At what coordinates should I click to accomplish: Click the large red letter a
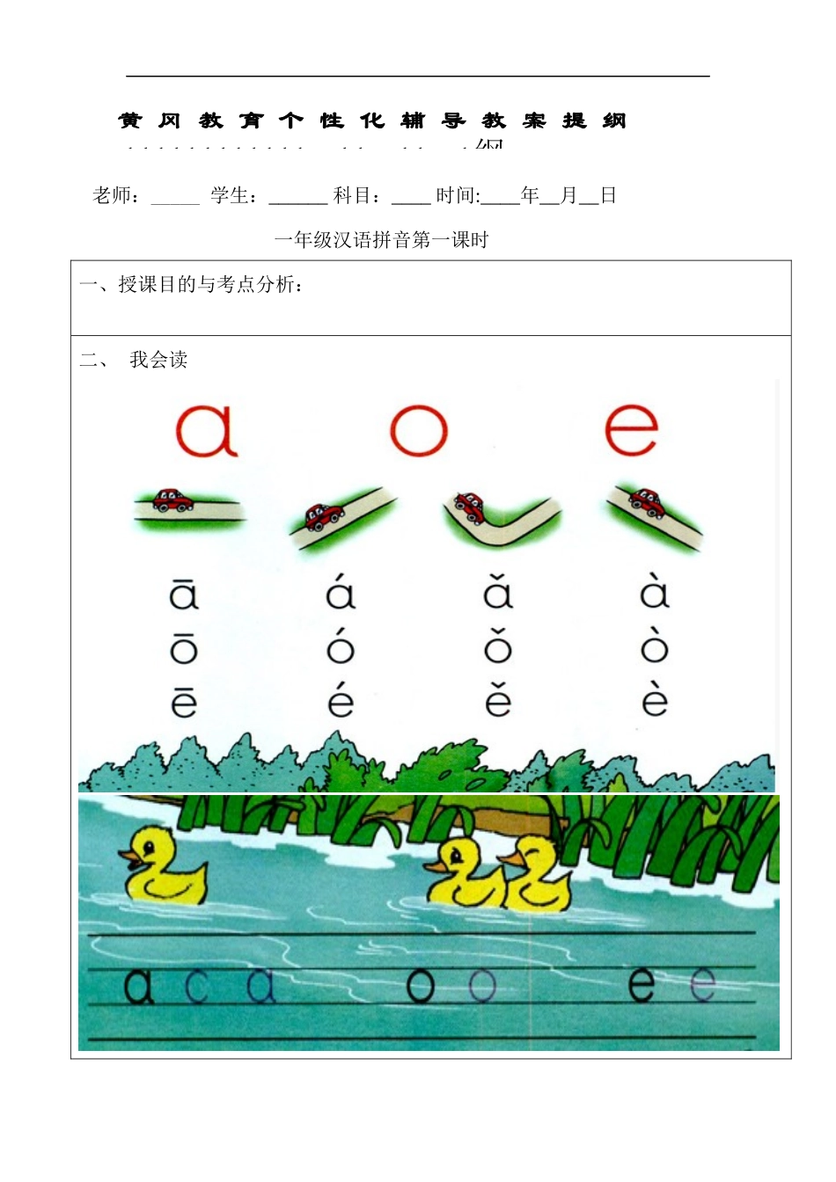[x=207, y=430]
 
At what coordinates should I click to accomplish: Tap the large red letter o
[x=419, y=431]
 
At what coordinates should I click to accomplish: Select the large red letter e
[x=631, y=430]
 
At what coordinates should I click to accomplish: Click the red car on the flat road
[x=172, y=500]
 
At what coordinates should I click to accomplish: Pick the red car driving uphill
[x=322, y=516]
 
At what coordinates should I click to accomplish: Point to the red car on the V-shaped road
[x=470, y=506]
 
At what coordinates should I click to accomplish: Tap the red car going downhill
[x=647, y=501]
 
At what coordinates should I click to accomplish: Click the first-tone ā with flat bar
[x=184, y=593]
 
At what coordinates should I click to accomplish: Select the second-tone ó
[x=340, y=646]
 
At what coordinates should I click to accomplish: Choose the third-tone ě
[x=497, y=700]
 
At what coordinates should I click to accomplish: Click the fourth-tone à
[x=654, y=593]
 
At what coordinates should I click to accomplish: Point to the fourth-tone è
[x=654, y=700]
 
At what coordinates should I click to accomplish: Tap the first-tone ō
[x=184, y=646]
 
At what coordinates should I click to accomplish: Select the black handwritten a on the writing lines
[x=138, y=987]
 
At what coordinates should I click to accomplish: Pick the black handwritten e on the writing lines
[x=642, y=985]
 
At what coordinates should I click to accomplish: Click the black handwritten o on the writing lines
[x=421, y=987]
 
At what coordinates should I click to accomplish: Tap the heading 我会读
[x=158, y=360]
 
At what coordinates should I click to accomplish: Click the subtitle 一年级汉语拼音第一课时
[x=381, y=240]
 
